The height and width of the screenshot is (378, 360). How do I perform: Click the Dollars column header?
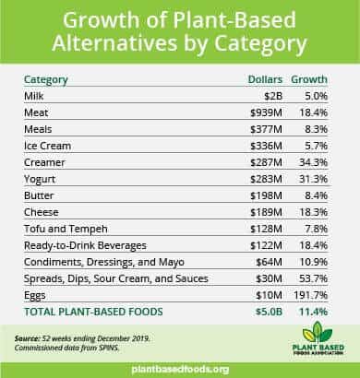pyautogui.click(x=265, y=79)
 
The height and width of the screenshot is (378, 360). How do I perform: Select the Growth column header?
pyautogui.click(x=309, y=79)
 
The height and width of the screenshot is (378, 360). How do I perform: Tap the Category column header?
pyautogui.click(x=46, y=80)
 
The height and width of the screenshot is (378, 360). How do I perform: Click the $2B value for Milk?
pyautogui.click(x=273, y=96)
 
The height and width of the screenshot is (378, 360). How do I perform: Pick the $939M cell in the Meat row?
pyautogui.click(x=266, y=112)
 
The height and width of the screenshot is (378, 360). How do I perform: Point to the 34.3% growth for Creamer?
pyautogui.click(x=313, y=162)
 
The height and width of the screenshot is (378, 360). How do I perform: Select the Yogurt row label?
pyautogui.click(x=40, y=180)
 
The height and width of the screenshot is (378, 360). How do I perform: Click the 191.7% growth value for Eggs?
pyautogui.click(x=310, y=295)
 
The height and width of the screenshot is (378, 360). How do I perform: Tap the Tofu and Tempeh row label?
pyautogui.click(x=66, y=230)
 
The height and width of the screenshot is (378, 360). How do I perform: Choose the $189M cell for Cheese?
pyautogui.click(x=266, y=212)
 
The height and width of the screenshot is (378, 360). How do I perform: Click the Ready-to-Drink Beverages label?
pyautogui.click(x=85, y=246)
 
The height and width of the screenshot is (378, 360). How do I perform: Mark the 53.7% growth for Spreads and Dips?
pyautogui.click(x=313, y=278)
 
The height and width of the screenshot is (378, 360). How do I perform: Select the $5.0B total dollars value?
pyautogui.click(x=269, y=312)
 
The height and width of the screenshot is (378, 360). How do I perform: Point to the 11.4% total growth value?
pyautogui.click(x=313, y=312)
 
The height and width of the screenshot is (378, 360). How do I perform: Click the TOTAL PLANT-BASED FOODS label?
pyautogui.click(x=93, y=312)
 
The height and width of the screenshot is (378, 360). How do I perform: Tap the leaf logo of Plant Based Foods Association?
pyautogui.click(x=318, y=332)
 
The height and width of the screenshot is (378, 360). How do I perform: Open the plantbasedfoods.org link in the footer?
pyautogui.click(x=180, y=370)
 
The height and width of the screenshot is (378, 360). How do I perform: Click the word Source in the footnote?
pyautogui.click(x=27, y=338)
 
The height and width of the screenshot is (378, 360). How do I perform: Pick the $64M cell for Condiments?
pyautogui.click(x=269, y=262)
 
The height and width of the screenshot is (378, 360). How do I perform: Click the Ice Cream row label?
pyautogui.click(x=47, y=146)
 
